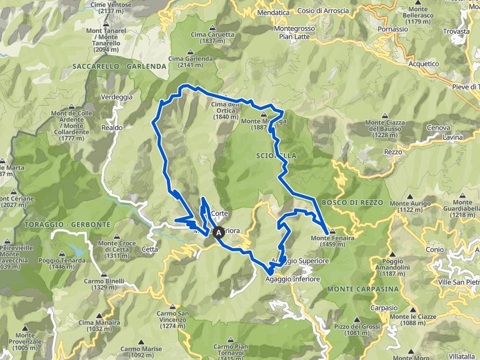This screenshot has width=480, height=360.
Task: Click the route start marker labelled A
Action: [218, 232]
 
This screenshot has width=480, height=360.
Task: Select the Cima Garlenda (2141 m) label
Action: [191, 62]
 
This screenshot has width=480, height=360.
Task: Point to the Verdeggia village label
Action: [117, 97]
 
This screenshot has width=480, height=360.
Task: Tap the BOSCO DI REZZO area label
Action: [351, 202]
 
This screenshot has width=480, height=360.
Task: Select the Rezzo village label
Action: [393, 152]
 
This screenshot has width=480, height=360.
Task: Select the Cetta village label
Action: [150, 249]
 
